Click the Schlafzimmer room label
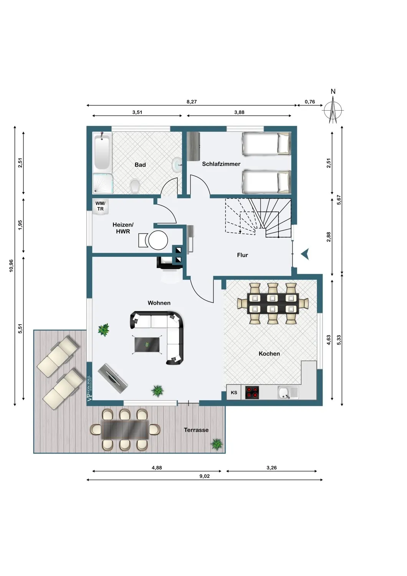coord(221,164)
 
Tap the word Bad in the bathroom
coord(140,165)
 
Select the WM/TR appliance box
coord(101,206)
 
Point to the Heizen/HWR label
coord(123,228)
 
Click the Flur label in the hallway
coord(242,255)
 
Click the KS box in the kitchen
coord(234,392)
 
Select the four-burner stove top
coord(252,392)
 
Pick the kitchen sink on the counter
coord(288,393)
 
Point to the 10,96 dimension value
coord(11,266)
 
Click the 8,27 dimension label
coord(192,102)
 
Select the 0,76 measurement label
coord(310,102)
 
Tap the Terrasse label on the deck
coord(196,430)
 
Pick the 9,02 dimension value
coord(204,476)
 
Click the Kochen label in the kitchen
coord(269,354)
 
